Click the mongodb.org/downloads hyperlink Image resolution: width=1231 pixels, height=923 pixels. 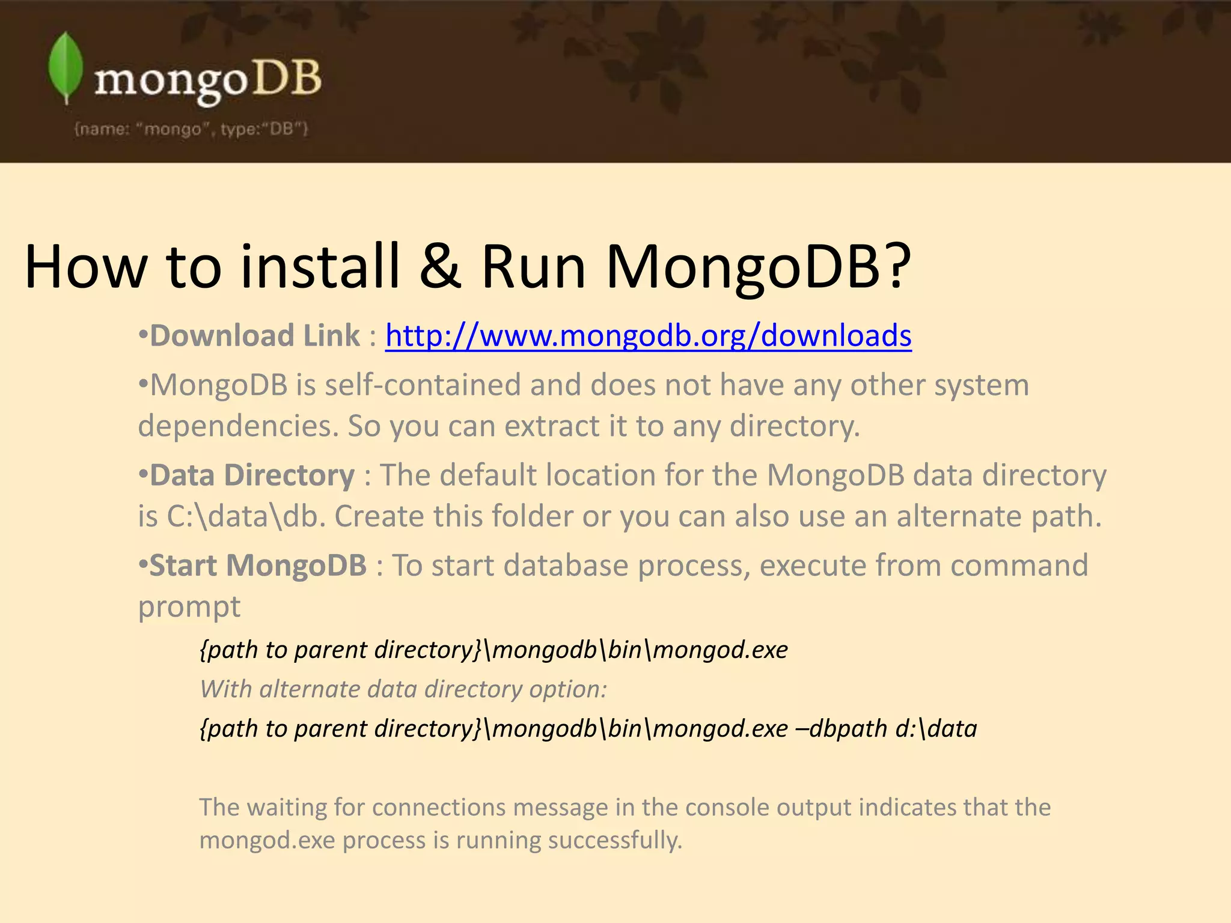point(648,335)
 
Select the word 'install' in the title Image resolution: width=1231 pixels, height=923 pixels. point(320,266)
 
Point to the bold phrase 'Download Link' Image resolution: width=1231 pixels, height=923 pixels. point(255,335)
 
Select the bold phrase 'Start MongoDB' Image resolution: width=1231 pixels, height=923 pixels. point(258,565)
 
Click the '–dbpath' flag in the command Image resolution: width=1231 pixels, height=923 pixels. point(841,729)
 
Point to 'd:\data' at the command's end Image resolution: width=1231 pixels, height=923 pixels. point(936,729)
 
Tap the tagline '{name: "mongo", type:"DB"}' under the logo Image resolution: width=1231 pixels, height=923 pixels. point(191,129)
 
